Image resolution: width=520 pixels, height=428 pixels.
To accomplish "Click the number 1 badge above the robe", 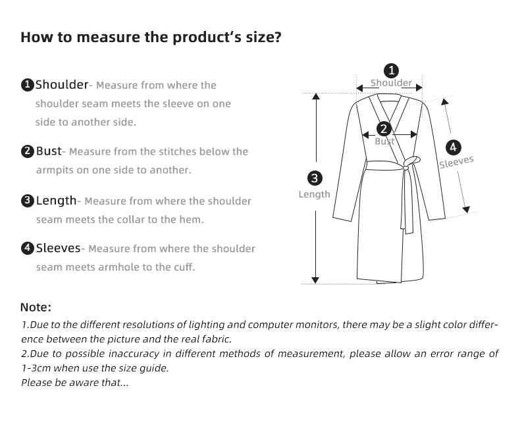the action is (392, 70).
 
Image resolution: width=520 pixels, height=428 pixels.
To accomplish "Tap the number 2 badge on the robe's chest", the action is (384, 129).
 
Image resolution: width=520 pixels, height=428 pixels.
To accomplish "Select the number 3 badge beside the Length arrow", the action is (315, 178).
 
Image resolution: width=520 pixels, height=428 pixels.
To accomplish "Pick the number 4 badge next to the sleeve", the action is (453, 147).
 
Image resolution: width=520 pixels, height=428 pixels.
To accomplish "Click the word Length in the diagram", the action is (315, 194).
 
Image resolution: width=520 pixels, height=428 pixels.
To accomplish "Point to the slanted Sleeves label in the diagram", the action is (456, 162).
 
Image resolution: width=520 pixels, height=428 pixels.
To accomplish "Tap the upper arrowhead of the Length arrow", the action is (316, 96).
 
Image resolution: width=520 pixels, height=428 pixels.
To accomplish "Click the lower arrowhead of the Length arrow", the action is (315, 280).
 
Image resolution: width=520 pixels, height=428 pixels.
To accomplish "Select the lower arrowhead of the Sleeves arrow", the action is (466, 209).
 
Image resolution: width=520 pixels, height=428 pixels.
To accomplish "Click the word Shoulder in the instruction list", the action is (62, 84).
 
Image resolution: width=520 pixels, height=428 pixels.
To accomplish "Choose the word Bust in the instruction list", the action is (49, 151).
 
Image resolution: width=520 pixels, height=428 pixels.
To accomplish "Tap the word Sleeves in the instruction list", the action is (59, 248).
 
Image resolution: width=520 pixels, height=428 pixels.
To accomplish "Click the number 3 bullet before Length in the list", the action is (28, 201).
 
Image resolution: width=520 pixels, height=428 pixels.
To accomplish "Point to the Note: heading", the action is (36, 308).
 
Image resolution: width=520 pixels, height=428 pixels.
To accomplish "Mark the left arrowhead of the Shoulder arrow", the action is (360, 88).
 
